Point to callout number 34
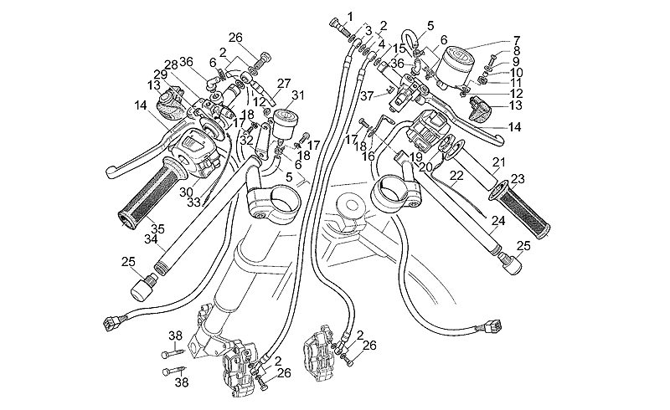tap(151, 240)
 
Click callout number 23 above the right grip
tap(518, 178)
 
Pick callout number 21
tap(498, 161)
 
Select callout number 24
tap(497, 222)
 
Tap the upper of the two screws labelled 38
tap(167, 354)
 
